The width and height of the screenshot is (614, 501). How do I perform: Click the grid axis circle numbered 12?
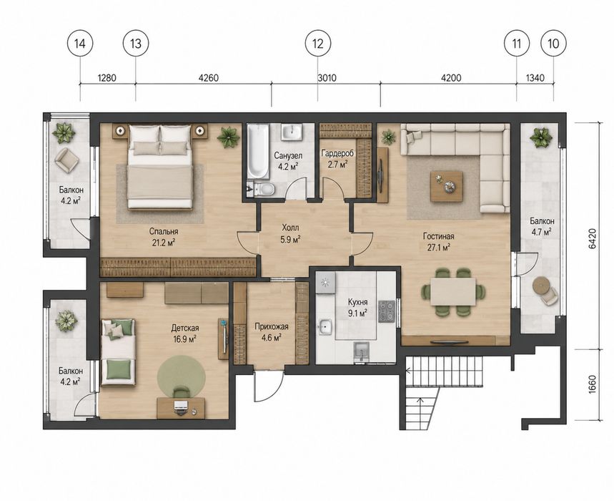click(x=317, y=44)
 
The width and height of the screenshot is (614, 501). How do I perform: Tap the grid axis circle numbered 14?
click(x=80, y=44)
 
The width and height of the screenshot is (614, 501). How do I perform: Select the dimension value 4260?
click(x=208, y=77)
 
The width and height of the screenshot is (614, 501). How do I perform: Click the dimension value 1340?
click(x=535, y=77)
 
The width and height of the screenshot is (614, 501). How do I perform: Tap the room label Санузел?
click(x=288, y=155)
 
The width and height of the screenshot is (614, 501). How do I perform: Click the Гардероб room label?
click(x=337, y=153)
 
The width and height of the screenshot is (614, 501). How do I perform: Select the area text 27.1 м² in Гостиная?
click(x=438, y=247)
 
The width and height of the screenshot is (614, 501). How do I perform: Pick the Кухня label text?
click(x=357, y=302)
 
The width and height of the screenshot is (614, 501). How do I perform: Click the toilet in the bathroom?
click(x=263, y=190)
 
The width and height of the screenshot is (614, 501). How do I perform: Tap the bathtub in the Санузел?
click(x=258, y=151)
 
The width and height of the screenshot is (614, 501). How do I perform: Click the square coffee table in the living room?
click(x=447, y=186)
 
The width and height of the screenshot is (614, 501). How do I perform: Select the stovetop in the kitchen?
click(x=387, y=311)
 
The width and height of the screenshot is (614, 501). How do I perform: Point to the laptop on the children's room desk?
click(x=180, y=407)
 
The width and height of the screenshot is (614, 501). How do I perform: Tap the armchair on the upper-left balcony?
click(x=67, y=160)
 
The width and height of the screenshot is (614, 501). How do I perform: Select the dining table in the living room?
click(x=453, y=291)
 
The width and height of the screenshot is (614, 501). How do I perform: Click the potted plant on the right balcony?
click(x=541, y=138)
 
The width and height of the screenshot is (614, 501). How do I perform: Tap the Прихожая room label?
click(x=272, y=326)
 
